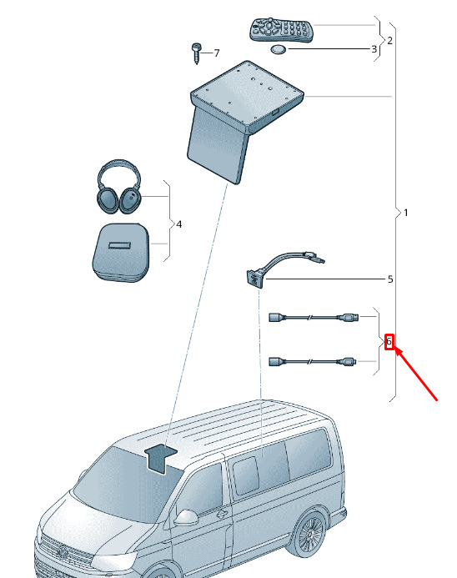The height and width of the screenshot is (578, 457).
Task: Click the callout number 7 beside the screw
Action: click(x=216, y=53)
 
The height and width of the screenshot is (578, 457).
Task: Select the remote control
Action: click(x=282, y=30)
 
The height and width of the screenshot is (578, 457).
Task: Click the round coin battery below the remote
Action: click(x=279, y=49)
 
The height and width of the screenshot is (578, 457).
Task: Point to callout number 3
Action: click(x=374, y=48)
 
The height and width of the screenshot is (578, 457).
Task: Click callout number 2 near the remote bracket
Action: click(x=389, y=40)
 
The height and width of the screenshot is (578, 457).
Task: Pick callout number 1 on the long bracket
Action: click(x=406, y=213)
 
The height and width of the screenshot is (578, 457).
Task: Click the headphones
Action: click(x=119, y=187)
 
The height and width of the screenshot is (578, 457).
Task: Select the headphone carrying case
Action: click(x=121, y=252)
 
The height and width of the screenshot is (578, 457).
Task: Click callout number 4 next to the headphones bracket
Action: click(x=178, y=224)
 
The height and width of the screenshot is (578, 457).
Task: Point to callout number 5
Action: click(x=390, y=279)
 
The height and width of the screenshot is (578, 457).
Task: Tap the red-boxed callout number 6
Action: click(x=389, y=341)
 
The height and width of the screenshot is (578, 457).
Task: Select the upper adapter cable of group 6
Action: click(x=313, y=317)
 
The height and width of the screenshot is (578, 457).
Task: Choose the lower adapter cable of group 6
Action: click(x=313, y=361)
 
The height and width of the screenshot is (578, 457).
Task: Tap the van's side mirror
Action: click(x=186, y=518)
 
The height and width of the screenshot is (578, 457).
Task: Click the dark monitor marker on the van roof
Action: click(x=161, y=458)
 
